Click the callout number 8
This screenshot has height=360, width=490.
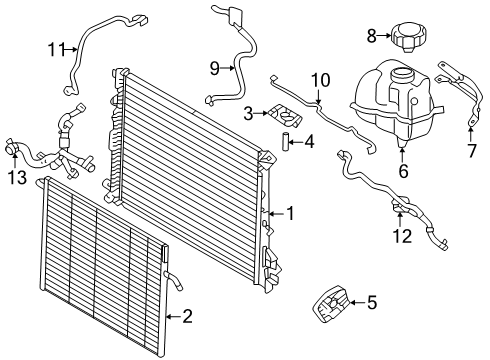[x=372, y=36]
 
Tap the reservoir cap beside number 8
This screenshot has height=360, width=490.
[x=408, y=36]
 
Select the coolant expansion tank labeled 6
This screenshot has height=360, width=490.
[x=396, y=102]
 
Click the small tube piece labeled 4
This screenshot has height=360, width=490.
[x=285, y=142]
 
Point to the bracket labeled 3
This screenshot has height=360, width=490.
[x=284, y=116]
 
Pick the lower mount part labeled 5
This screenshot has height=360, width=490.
[x=330, y=304]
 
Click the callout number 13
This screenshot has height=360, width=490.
[x=18, y=177]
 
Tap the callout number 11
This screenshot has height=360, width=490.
[x=56, y=50]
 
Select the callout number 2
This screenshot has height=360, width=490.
[x=187, y=316]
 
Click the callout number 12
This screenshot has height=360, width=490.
[x=403, y=236]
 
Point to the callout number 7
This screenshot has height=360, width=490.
[x=472, y=151]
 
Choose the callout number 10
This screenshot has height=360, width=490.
[x=321, y=80]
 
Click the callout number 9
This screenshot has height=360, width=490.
[x=215, y=69]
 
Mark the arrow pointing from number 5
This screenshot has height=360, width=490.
[x=357, y=303]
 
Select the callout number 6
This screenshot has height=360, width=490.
[x=403, y=171]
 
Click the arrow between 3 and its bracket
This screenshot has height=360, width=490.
[x=261, y=114]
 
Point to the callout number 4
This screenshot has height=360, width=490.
[x=309, y=142]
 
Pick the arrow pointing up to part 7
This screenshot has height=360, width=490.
[x=470, y=134]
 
